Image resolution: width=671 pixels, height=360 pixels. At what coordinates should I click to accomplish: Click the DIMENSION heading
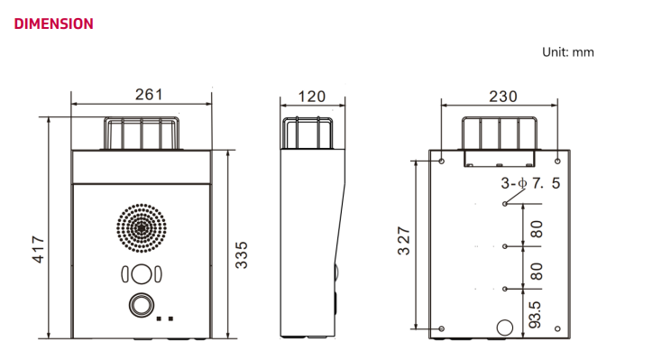53,23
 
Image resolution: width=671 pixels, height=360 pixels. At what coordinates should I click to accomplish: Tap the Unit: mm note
568,52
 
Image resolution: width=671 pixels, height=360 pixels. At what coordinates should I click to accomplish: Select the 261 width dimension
149,95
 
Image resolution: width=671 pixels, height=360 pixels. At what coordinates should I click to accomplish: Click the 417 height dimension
38,249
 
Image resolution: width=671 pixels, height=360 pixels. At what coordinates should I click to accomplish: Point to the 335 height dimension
242,255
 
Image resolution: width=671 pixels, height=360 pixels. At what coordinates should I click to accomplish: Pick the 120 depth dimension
311,97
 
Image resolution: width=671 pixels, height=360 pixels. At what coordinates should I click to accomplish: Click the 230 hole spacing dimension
503,97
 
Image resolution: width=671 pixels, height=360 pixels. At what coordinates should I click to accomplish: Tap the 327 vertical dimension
403,241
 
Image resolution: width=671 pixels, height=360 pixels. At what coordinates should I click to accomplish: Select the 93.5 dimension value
535,315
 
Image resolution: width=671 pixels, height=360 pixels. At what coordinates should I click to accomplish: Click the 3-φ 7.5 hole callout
530,183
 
